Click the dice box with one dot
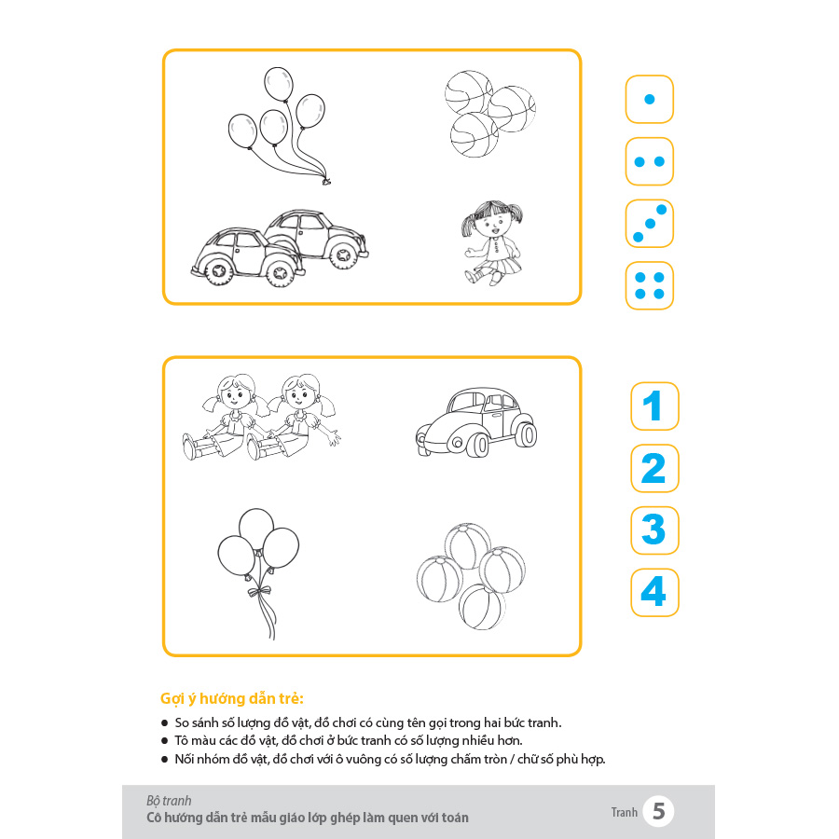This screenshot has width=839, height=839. tap(649, 100)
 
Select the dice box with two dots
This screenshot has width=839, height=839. tap(649, 161)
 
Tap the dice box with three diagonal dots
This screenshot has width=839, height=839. tap(649, 224)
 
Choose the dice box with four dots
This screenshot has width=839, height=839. tap(649, 286)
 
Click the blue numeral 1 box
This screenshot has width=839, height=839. tap(654, 406)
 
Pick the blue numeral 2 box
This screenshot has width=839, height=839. tap(654, 468)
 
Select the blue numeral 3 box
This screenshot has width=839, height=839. tap(654, 530)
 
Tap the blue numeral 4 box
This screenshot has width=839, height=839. tap(654, 592)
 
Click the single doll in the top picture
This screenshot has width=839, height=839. tap(492, 243)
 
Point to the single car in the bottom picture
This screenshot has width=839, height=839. tap(476, 422)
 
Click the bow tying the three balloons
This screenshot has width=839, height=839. tap(259, 591)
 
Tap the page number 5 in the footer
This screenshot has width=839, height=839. tap(659, 811)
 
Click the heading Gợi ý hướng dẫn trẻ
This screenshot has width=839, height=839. tap(232, 698)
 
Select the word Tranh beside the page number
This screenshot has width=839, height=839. tap(625, 812)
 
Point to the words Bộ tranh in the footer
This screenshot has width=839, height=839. tap(169, 801)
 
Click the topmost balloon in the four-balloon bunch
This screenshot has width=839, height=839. tap(279, 84)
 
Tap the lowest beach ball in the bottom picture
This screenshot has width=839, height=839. tap(482, 607)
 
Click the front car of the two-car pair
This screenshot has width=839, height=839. tap(246, 257)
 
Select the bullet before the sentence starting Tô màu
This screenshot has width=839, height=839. tap(164, 741)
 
